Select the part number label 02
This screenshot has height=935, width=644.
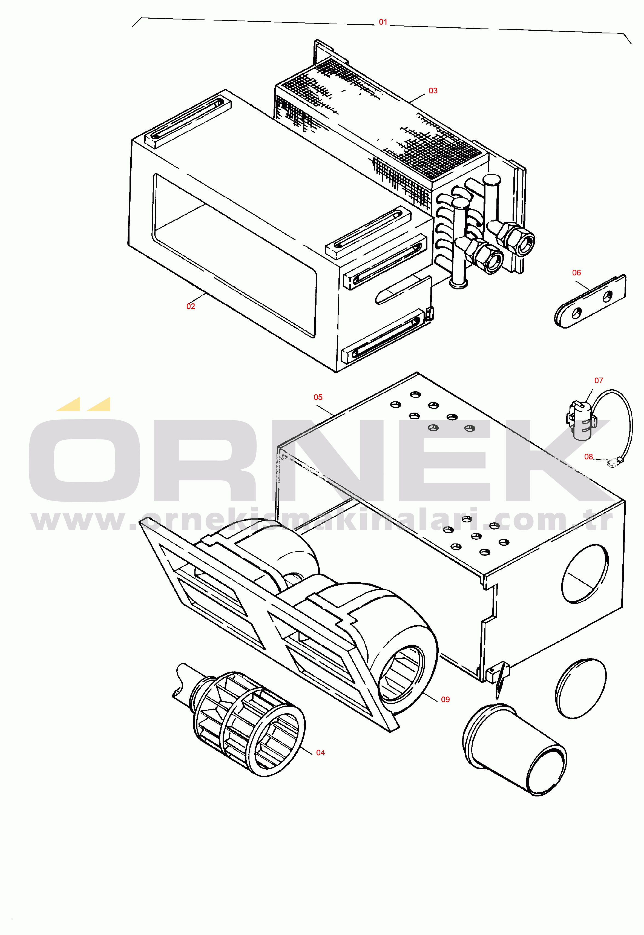coord(191,307)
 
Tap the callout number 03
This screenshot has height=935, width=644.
coord(433,91)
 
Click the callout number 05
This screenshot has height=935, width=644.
coord(318,397)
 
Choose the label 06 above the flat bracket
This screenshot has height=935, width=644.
coord(577,273)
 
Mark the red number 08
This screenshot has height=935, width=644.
coord(589,457)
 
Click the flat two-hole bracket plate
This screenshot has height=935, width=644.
coord(590,302)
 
